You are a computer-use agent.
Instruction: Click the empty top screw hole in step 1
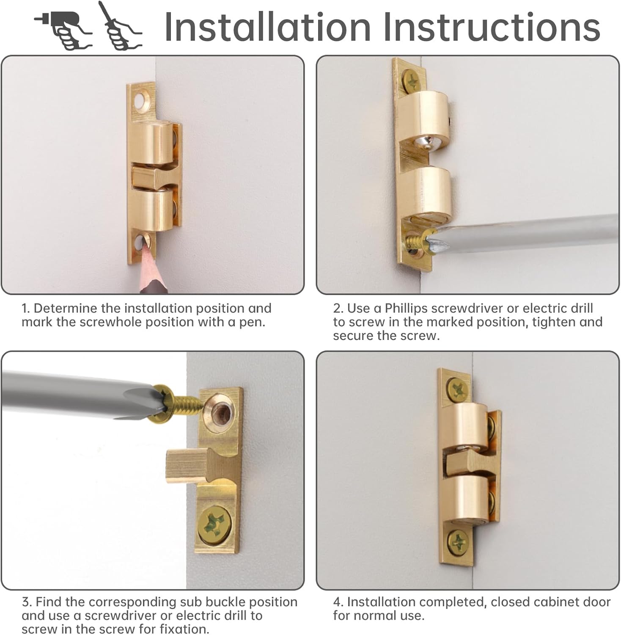(139, 100)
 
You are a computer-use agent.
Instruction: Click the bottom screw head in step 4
(458, 541)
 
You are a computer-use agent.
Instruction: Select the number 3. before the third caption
(27, 602)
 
